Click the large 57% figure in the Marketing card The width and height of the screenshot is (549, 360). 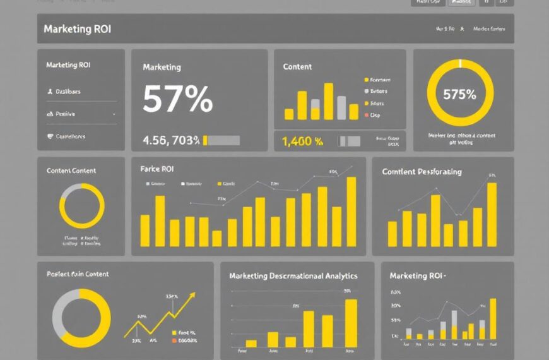[x=177, y=99]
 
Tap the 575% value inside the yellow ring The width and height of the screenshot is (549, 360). [x=459, y=95]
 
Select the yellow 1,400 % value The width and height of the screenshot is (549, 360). [x=302, y=141]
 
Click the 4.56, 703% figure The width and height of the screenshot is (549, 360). [x=171, y=140]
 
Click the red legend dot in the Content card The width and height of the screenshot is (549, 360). [x=366, y=116]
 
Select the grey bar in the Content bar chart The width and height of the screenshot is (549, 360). [x=341, y=107]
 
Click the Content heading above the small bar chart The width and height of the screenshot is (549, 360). [x=297, y=67]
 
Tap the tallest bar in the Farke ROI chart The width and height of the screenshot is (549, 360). [x=351, y=212]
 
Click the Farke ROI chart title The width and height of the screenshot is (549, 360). [x=156, y=169]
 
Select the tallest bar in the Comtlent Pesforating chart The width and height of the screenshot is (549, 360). [x=492, y=215]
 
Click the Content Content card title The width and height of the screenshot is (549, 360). [x=71, y=171]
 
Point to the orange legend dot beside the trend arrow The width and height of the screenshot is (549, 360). [x=174, y=340]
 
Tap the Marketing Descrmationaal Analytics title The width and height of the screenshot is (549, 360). [x=293, y=276]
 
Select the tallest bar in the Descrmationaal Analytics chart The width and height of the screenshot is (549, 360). [x=351, y=323]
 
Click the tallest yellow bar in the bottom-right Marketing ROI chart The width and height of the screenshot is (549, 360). [x=493, y=319]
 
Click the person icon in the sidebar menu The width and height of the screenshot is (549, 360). [x=50, y=92]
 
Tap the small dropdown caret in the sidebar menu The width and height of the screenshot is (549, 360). [x=114, y=114]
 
